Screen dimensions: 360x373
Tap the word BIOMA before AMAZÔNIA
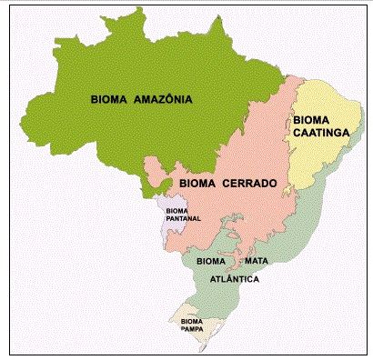pyautogui.click(x=109, y=98)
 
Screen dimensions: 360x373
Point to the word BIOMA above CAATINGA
pyautogui.click(x=311, y=119)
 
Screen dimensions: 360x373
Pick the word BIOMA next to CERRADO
pyautogui.click(x=197, y=183)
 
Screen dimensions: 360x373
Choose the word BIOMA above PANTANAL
pyautogui.click(x=177, y=211)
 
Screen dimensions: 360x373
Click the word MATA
pyautogui.click(x=256, y=261)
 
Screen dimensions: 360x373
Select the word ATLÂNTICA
pyautogui.click(x=235, y=279)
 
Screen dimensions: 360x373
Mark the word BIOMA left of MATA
pyautogui.click(x=212, y=261)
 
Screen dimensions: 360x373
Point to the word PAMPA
pyautogui.click(x=192, y=329)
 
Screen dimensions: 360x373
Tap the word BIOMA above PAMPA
pyautogui.click(x=192, y=321)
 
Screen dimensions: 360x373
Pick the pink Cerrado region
pyautogui.click(x=246, y=218)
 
